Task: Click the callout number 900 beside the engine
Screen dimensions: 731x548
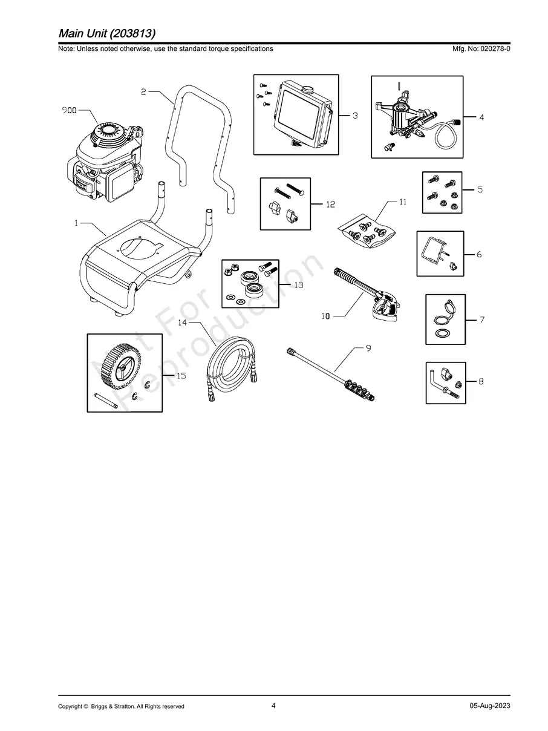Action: click(x=70, y=111)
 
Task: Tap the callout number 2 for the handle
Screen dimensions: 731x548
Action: click(x=143, y=92)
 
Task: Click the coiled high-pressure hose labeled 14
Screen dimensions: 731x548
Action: click(x=230, y=370)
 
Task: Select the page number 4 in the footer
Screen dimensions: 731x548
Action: click(x=273, y=705)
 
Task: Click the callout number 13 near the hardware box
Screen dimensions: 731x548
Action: click(x=298, y=284)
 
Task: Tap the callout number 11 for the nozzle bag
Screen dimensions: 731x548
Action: click(x=402, y=202)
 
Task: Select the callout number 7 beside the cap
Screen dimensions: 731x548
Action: click(x=482, y=320)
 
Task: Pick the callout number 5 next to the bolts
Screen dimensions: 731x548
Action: click(x=479, y=189)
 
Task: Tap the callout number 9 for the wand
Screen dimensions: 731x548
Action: click(x=368, y=349)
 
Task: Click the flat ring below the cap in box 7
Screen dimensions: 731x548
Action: click(x=443, y=334)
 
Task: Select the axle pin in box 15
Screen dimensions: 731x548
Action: click(x=105, y=400)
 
